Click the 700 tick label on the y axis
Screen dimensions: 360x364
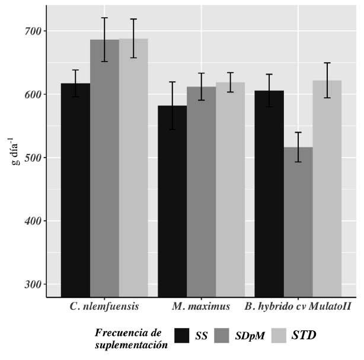(33, 31)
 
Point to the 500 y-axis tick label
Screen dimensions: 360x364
(33, 157)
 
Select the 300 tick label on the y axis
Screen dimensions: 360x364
(33, 284)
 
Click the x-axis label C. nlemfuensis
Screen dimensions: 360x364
(104, 307)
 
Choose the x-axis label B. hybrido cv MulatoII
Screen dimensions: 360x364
(298, 307)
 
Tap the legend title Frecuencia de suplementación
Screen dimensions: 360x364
(131, 339)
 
